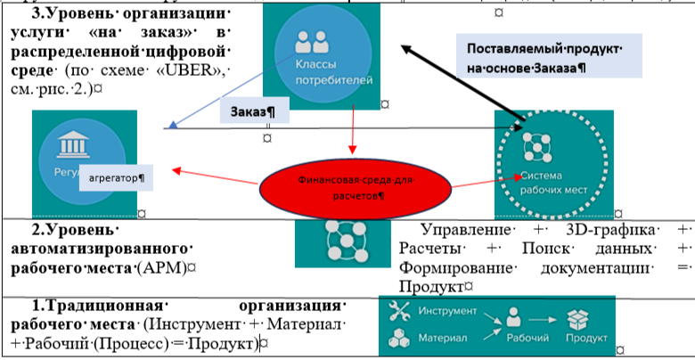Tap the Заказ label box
coord(252,113)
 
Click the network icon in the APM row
coord(339,241)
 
